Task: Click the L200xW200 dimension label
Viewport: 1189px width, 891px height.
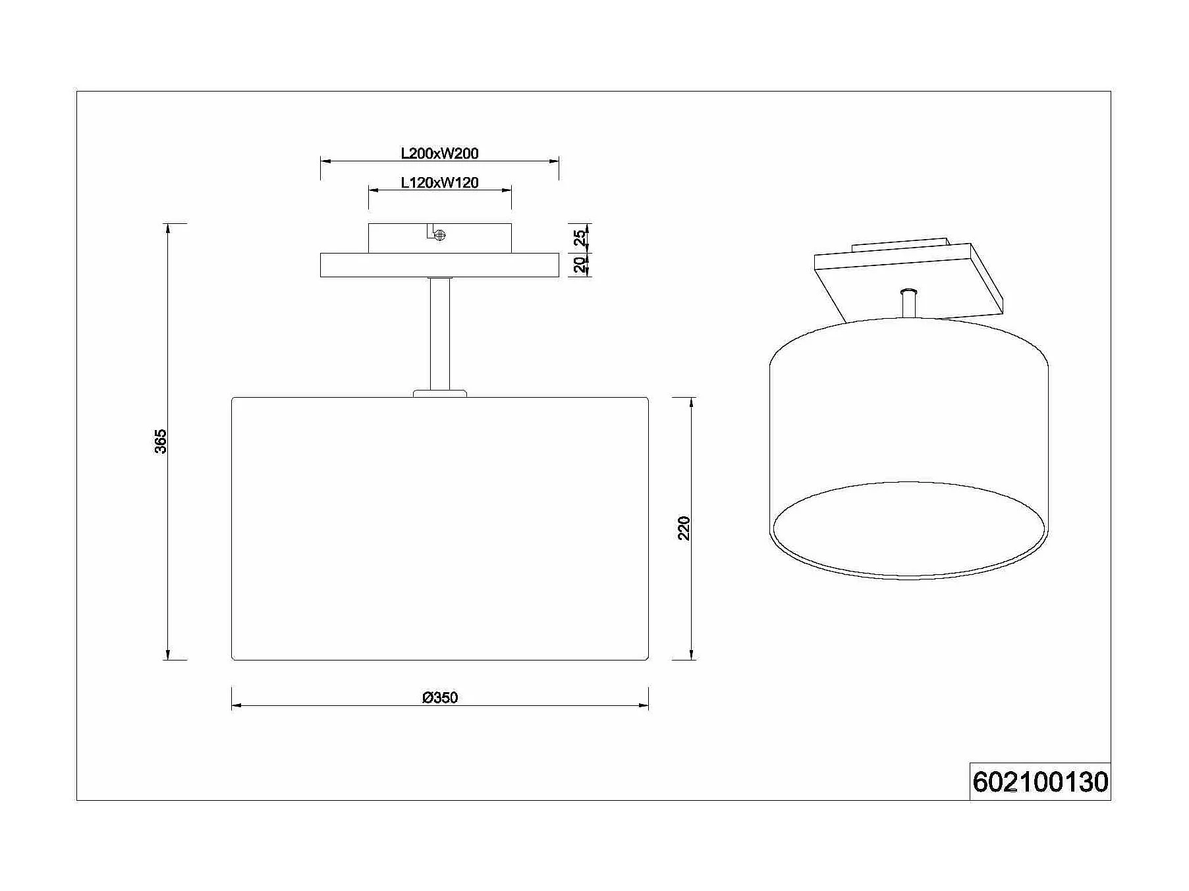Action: point(439,153)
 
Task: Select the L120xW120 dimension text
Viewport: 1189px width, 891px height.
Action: point(439,183)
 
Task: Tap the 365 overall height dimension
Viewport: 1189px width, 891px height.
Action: point(160,441)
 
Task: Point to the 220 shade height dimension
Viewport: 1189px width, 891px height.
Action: point(684,528)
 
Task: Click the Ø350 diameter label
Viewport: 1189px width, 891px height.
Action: point(440,697)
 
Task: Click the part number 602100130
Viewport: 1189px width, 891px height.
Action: point(1040,782)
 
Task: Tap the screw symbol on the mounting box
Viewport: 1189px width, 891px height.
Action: point(440,234)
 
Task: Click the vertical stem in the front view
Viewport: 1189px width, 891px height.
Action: point(439,334)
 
